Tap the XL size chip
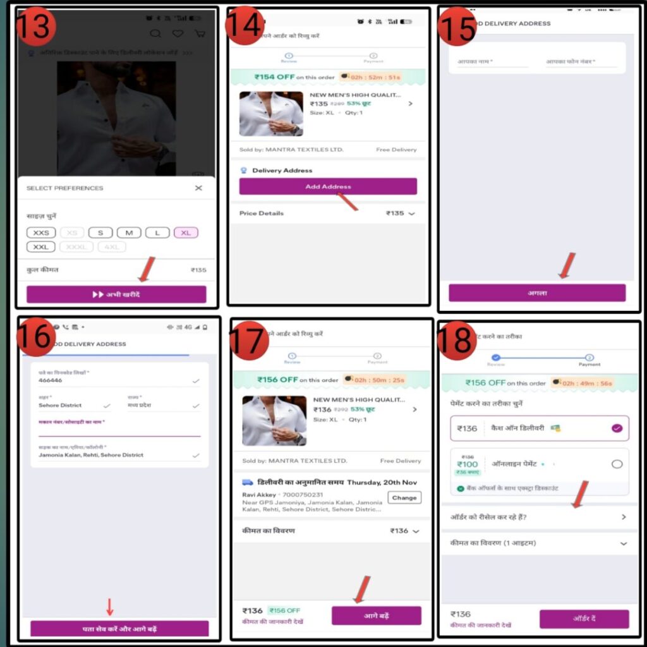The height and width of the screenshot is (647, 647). coord(186,233)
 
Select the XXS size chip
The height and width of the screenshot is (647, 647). coord(41,233)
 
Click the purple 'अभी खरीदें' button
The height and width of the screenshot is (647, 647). coord(116,294)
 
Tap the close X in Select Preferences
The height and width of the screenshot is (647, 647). coord(198,188)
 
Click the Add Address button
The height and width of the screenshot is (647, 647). coord(328,186)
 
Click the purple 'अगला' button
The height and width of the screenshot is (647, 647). coord(537,293)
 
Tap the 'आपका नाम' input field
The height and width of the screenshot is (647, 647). coord(492,62)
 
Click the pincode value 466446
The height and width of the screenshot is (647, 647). coord(51,381)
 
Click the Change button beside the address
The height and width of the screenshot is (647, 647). coord(404,497)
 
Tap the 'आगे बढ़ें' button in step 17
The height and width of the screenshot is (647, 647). coord(376,615)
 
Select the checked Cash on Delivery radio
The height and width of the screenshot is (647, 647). coord(617,428)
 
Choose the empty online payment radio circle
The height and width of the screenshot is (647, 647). coord(617,464)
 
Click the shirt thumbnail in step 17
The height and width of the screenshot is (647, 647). coord(274,421)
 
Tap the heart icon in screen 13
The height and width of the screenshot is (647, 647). coord(178,33)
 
